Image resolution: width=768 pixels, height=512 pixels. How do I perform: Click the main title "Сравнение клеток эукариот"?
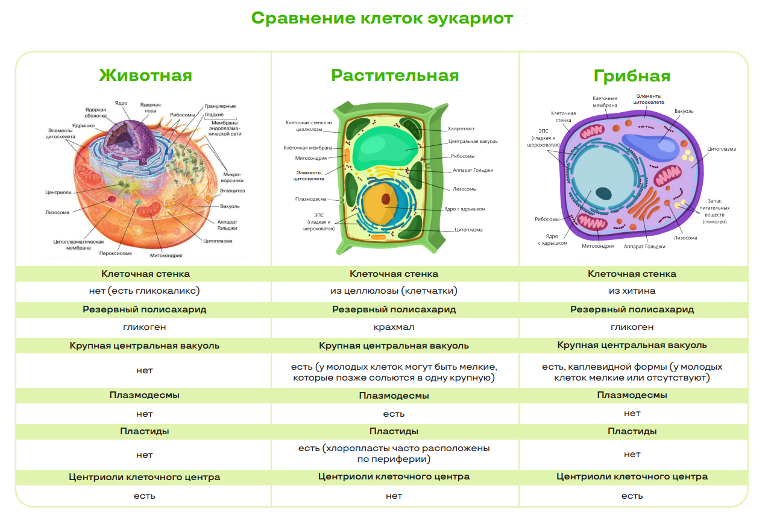click(382, 18)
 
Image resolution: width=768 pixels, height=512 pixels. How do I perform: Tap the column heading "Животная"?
click(145, 75)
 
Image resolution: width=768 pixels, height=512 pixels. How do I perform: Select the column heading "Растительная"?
click(395, 75)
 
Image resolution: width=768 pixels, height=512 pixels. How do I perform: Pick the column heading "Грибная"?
click(632, 76)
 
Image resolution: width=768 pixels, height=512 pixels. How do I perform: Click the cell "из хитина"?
click(632, 291)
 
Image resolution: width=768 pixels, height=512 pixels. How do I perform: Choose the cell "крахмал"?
click(394, 327)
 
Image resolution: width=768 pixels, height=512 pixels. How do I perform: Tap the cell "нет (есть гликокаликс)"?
click(144, 291)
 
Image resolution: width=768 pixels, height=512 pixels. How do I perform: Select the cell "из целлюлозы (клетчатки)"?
click(394, 291)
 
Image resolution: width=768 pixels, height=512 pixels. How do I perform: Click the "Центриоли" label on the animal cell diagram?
click(58, 192)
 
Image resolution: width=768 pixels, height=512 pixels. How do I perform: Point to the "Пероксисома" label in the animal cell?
click(116, 253)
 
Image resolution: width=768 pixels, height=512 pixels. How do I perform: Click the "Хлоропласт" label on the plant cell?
click(461, 129)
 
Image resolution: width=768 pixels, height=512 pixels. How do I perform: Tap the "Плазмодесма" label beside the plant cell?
click(310, 199)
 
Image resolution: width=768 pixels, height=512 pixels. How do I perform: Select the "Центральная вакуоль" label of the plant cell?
click(473, 141)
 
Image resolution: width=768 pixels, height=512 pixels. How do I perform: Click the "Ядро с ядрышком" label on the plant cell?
click(465, 209)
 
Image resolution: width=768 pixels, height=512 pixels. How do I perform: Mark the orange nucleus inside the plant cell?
click(380, 204)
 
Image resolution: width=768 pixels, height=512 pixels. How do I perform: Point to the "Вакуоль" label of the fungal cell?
click(684, 112)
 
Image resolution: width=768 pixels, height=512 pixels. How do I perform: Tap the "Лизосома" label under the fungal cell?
click(685, 238)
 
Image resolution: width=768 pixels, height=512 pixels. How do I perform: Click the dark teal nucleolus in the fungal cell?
click(603, 194)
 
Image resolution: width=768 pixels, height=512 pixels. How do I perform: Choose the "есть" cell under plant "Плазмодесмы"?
click(394, 414)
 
